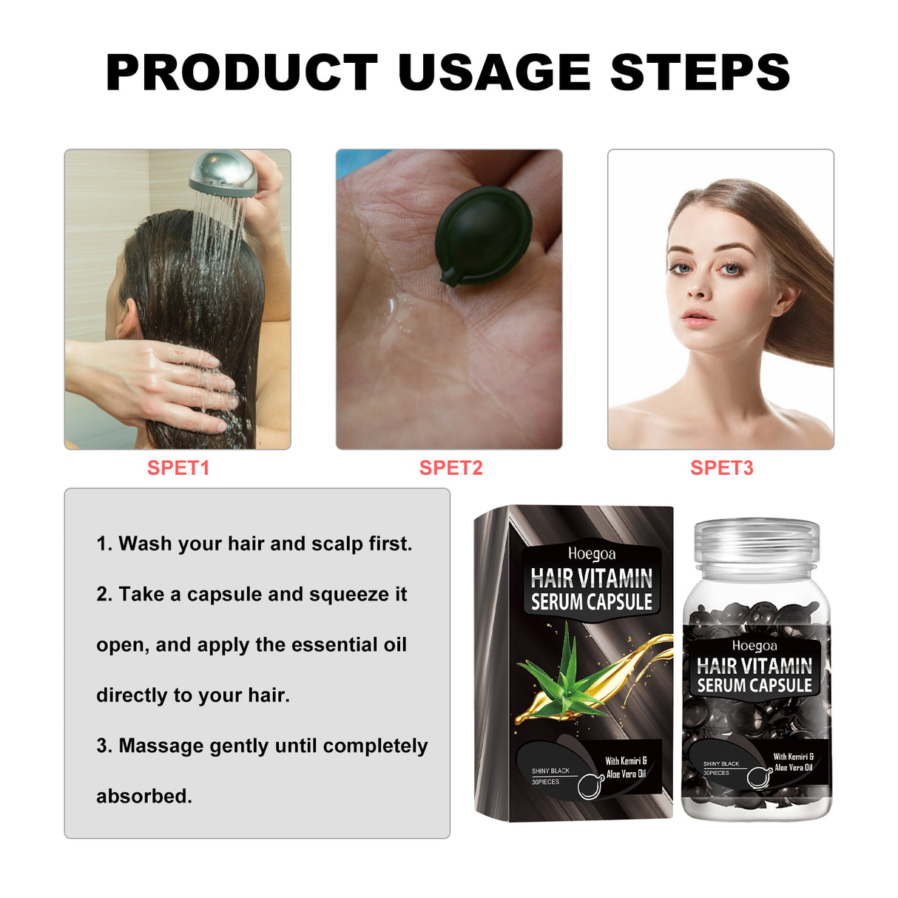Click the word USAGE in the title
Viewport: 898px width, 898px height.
pos(493,72)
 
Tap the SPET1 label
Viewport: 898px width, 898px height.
pos(178,468)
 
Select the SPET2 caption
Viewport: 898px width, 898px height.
pos(450,468)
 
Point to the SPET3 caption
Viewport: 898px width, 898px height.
pos(721,468)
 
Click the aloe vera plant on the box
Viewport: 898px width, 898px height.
pos(566,670)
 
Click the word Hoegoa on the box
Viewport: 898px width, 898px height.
pos(592,553)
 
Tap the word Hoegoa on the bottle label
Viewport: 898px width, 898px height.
pos(754,646)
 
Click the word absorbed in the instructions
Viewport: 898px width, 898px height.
pos(144,796)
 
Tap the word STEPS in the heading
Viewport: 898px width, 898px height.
pos(700,72)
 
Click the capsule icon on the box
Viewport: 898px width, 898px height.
pos(590,786)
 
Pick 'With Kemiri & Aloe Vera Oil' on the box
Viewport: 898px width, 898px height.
pos(626,767)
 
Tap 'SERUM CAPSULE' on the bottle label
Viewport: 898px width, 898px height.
pos(754,686)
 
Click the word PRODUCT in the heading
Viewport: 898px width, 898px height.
pos(242,72)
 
